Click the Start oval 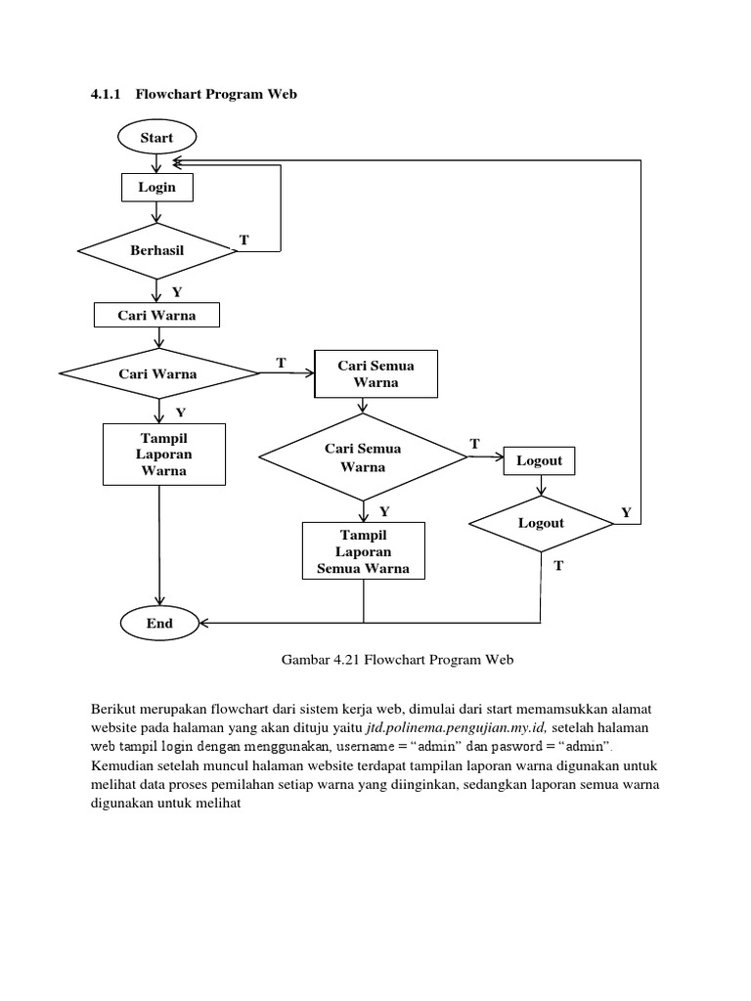(156, 138)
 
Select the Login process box (156, 187)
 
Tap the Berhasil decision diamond (156, 251)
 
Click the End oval (159, 623)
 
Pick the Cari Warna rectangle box (156, 316)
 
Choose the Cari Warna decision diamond (157, 374)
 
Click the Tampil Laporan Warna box (164, 454)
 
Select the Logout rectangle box (540, 461)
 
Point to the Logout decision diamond (541, 524)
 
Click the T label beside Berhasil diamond (243, 239)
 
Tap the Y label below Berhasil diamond (177, 291)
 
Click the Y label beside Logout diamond (627, 512)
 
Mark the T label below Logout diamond (559, 566)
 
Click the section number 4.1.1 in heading (106, 94)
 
